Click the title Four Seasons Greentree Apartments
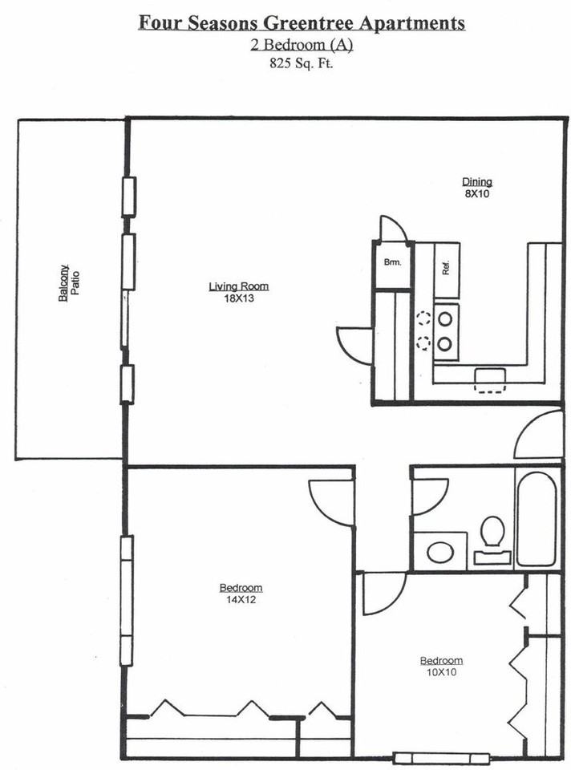pyautogui.click(x=302, y=22)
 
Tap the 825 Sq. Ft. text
pyautogui.click(x=301, y=63)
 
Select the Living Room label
pyautogui.click(x=239, y=286)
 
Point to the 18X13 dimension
pyautogui.click(x=239, y=298)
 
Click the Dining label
pyautogui.click(x=476, y=182)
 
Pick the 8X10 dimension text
pyautogui.click(x=476, y=193)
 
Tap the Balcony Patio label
pyautogui.click(x=69, y=283)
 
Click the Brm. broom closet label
pyautogui.click(x=392, y=263)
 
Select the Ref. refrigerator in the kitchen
pyautogui.click(x=446, y=269)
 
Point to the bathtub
pyautogui.click(x=537, y=519)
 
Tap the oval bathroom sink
pyautogui.click(x=440, y=552)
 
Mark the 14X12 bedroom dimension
pyautogui.click(x=241, y=600)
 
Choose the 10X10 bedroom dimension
pyautogui.click(x=441, y=672)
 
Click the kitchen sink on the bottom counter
pyautogui.click(x=490, y=380)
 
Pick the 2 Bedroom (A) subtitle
pyautogui.click(x=302, y=45)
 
